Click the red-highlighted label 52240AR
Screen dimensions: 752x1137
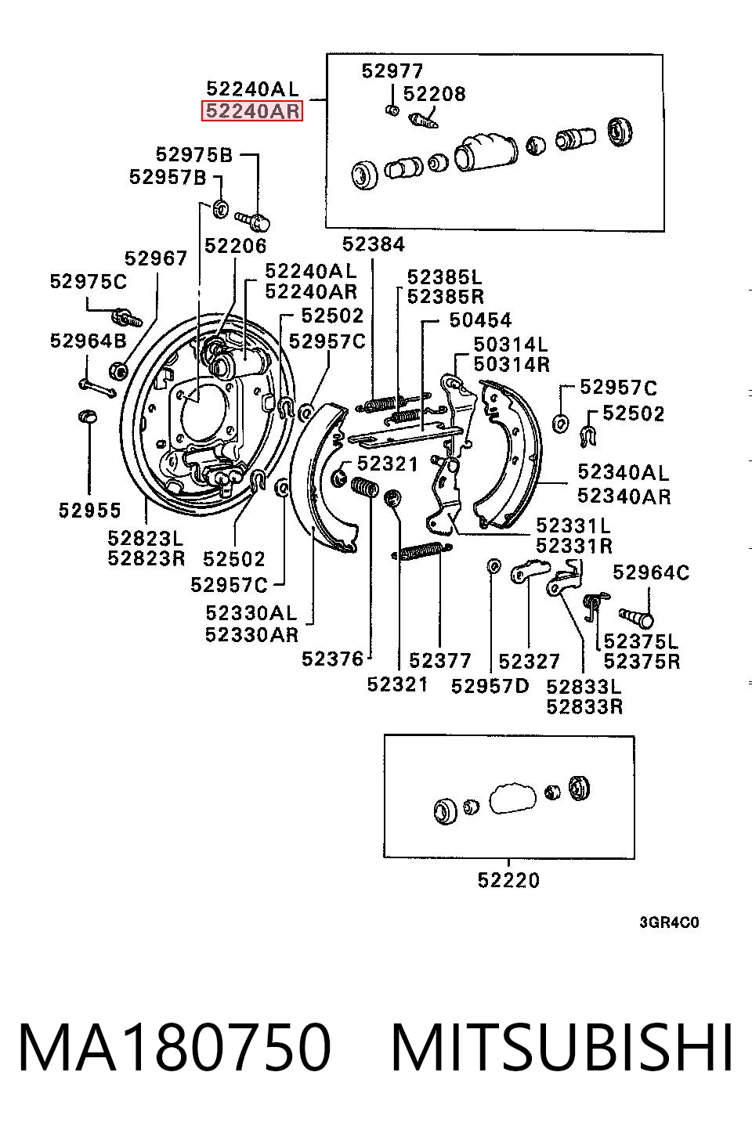coord(252,111)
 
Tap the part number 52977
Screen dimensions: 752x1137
coord(392,71)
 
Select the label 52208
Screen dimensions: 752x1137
coord(434,94)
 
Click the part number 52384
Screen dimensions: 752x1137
coord(374,244)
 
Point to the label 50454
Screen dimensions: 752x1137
coord(481,320)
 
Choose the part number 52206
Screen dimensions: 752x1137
coord(235,246)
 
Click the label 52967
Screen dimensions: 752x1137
coord(156,258)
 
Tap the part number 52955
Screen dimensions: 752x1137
coord(90,510)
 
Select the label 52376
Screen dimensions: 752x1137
coord(333,659)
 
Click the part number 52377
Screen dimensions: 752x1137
coord(440,660)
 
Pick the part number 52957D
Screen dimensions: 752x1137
coord(490,686)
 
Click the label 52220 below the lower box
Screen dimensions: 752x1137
coord(509,880)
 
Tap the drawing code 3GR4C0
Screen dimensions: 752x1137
coord(669,922)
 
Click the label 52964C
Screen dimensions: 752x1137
coord(651,572)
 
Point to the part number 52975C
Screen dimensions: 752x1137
coord(89,281)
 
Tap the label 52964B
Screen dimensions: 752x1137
coord(89,341)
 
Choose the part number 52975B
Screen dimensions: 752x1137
coord(194,154)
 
